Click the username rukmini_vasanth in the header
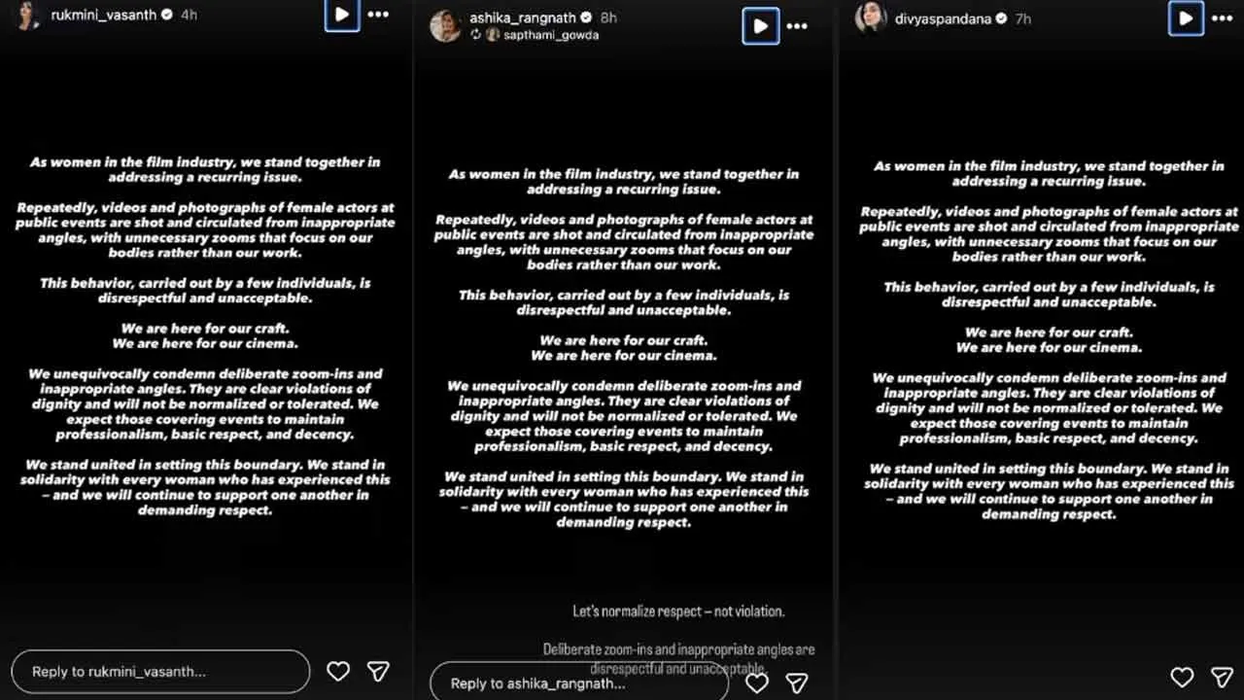pos(103,16)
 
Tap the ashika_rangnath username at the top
pos(524,17)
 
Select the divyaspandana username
pos(937,17)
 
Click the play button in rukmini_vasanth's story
pos(342,15)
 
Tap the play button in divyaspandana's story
pos(1186,17)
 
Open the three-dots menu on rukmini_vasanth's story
pos(378,15)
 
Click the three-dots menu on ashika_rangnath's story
pos(797,26)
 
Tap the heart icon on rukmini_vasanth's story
pos(338,671)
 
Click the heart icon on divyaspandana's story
pos(1182,677)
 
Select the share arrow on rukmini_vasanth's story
pos(378,671)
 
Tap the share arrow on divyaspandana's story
pos(1222,677)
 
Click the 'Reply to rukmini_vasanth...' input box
pos(160,672)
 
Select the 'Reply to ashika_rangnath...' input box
pos(578,682)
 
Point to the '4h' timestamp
pos(189,16)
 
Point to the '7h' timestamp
pos(1022,17)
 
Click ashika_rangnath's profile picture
pos(446,26)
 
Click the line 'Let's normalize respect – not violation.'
pos(678,612)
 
